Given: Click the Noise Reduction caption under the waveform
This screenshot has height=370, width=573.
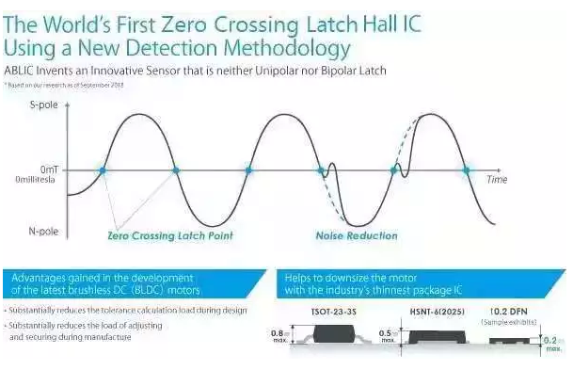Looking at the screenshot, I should pos(357,236).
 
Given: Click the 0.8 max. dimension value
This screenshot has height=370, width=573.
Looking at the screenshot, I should pos(278,333).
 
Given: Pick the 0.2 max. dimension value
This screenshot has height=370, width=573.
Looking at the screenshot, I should pos(555,345).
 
